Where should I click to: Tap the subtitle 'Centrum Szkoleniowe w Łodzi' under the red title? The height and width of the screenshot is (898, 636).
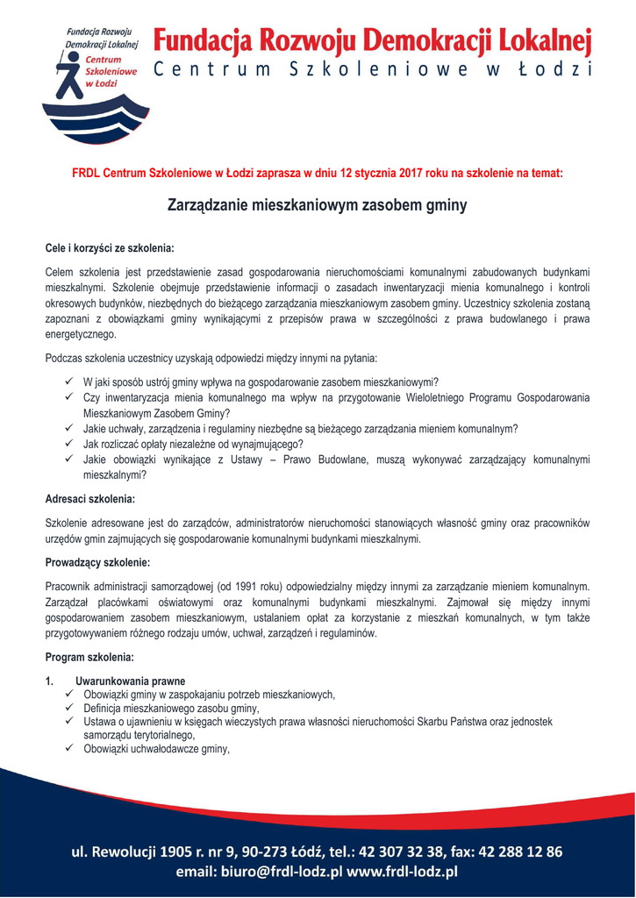373,70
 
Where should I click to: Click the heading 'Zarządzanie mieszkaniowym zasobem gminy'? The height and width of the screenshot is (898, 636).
318,206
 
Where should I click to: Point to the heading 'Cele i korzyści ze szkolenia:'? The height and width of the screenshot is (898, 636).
110,248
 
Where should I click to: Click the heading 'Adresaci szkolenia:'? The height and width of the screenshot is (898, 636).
89,500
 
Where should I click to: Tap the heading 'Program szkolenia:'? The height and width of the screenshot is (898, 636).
89,657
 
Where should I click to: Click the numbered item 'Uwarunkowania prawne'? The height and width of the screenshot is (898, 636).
131,681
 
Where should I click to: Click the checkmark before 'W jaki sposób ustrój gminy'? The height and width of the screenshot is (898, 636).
69,381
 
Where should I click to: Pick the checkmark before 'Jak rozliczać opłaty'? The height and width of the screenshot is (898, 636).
69,445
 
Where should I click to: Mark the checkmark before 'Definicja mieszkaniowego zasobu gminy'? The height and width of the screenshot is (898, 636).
69,708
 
